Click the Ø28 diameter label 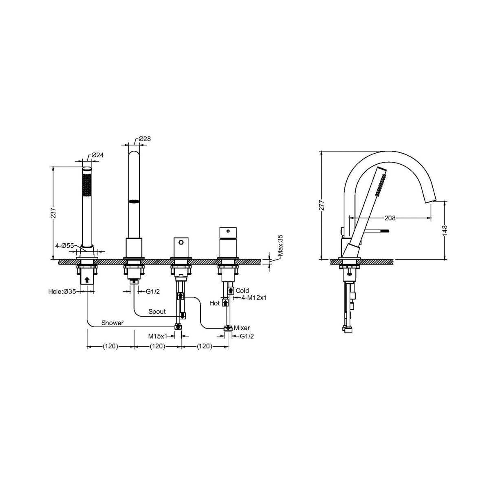(x=144, y=139)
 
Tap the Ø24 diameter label (x=97, y=155)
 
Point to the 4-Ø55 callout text (x=65, y=246)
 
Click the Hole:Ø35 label (x=62, y=292)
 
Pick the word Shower (x=112, y=323)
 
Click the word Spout (x=157, y=312)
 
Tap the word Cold (x=242, y=291)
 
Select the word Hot (x=214, y=303)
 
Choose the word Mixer (x=242, y=328)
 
